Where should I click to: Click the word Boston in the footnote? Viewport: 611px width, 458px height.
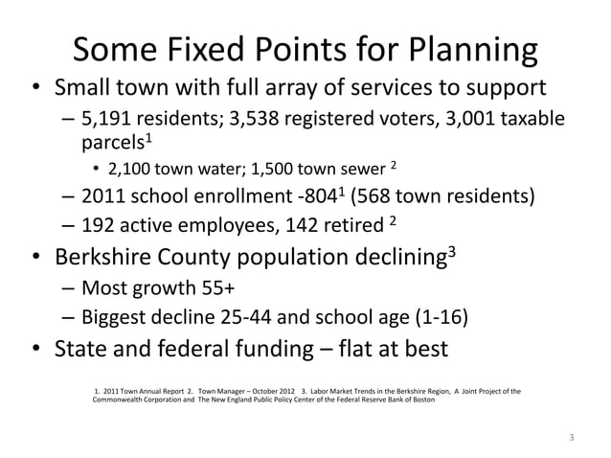pos(419,400)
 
